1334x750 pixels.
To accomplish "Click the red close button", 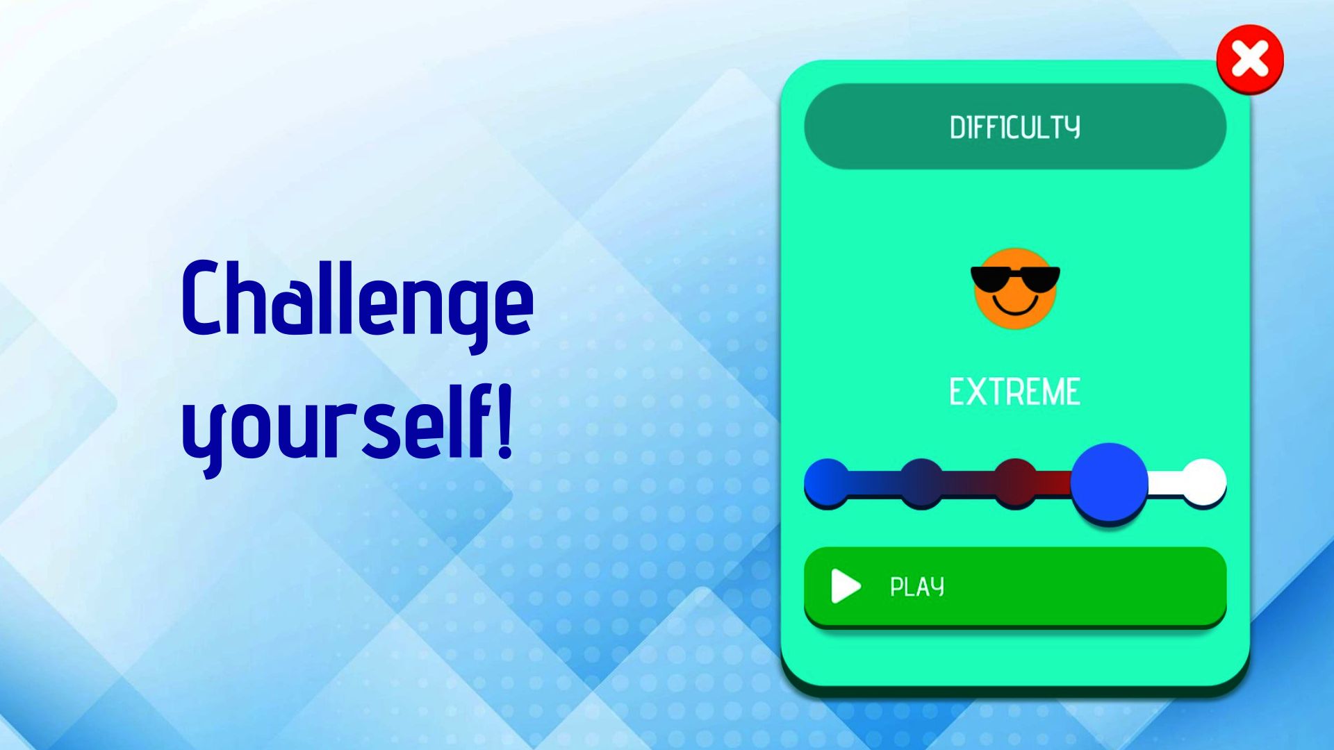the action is click(1250, 59).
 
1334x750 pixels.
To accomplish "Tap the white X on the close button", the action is click(1250, 58).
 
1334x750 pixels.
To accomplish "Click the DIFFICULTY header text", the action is click(1015, 128).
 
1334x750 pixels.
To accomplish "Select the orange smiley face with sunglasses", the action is click(1015, 288).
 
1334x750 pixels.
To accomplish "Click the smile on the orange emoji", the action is click(1015, 305).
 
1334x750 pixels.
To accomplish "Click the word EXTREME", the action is click(1015, 392).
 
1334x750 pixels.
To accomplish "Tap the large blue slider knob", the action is click(1109, 481).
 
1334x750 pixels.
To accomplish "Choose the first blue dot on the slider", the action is click(827, 481).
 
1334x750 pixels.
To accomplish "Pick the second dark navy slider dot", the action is click(921, 481).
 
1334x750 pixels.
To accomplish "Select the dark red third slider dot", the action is click(1015, 481).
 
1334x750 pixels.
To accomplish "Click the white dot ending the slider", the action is click(1204, 481).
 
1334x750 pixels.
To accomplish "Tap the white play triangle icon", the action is click(845, 586).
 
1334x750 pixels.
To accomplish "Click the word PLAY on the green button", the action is click(917, 587).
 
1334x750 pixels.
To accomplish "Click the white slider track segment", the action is click(1165, 481).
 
